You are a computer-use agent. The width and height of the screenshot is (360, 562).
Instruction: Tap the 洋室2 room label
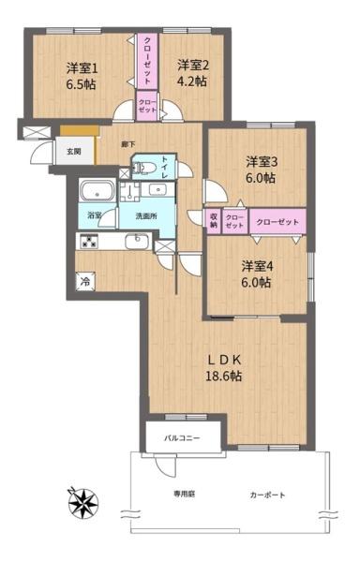(192, 65)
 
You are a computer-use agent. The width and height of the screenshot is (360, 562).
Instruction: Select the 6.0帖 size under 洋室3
(262, 178)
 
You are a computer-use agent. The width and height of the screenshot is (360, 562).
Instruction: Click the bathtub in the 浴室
(95, 193)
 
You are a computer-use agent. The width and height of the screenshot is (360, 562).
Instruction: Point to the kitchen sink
(138, 241)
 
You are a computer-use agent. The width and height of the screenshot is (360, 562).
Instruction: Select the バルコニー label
(184, 437)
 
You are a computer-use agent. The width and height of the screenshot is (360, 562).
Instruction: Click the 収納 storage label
(214, 222)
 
